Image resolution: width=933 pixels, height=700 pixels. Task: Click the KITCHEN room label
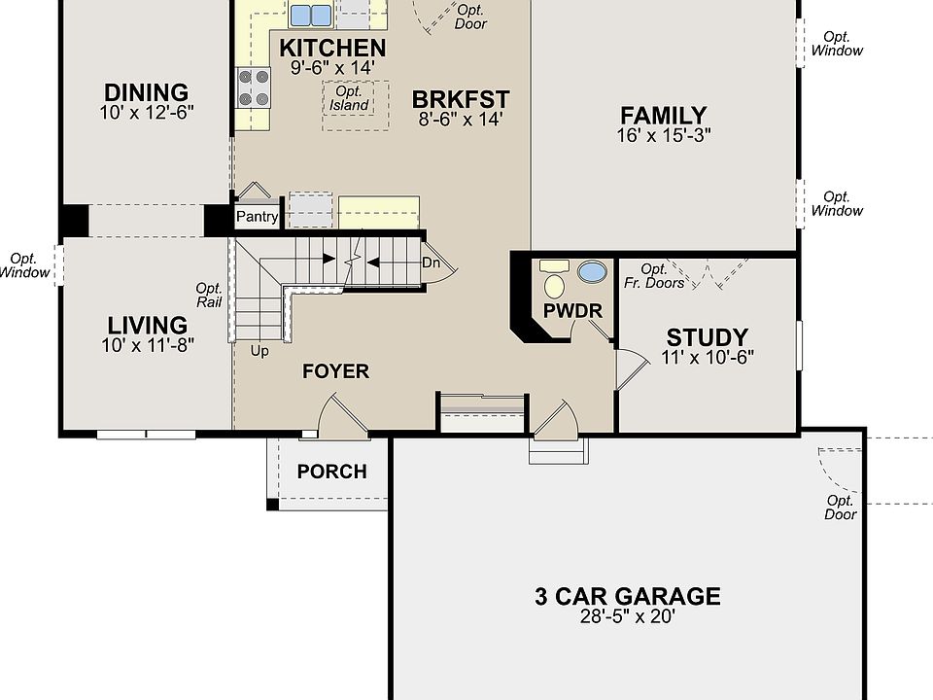pyautogui.click(x=332, y=48)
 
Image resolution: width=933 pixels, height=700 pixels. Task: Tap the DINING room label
pyautogui.click(x=147, y=92)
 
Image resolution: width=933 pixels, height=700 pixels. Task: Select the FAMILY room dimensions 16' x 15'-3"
pyautogui.click(x=664, y=135)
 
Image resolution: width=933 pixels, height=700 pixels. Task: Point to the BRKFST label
pyautogui.click(x=461, y=99)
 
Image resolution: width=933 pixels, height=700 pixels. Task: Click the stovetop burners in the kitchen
pyautogui.click(x=254, y=87)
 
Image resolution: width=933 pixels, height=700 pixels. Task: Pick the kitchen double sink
pyautogui.click(x=311, y=15)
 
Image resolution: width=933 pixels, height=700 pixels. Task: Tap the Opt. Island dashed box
pyautogui.click(x=356, y=105)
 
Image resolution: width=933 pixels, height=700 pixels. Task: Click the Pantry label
pyautogui.click(x=257, y=216)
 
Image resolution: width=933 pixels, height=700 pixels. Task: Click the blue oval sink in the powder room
pyautogui.click(x=593, y=272)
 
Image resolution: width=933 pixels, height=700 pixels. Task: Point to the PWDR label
pyautogui.click(x=572, y=311)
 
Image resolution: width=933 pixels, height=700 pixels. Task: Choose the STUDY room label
pyautogui.click(x=707, y=337)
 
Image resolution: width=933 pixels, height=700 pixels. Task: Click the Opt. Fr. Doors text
pyautogui.click(x=654, y=276)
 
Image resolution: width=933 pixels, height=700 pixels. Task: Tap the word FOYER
pyautogui.click(x=335, y=371)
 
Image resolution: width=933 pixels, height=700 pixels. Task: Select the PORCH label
pyautogui.click(x=332, y=472)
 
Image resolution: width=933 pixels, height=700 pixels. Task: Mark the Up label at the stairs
pyautogui.click(x=259, y=351)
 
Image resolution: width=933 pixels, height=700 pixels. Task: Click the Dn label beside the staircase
pyautogui.click(x=431, y=262)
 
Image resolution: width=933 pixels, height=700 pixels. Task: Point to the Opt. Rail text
pyautogui.click(x=209, y=296)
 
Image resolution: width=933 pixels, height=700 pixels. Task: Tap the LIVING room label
pyautogui.click(x=148, y=325)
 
